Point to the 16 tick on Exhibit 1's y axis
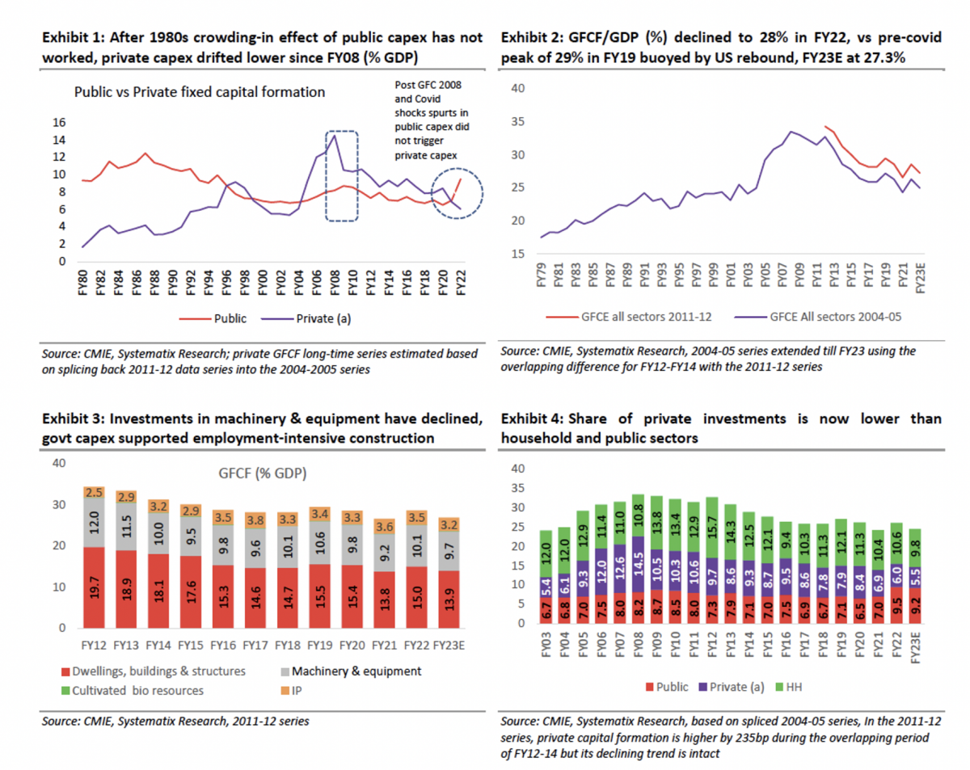[58, 123]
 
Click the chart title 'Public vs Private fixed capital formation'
[199, 92]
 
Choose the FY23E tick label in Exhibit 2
[918, 273]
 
